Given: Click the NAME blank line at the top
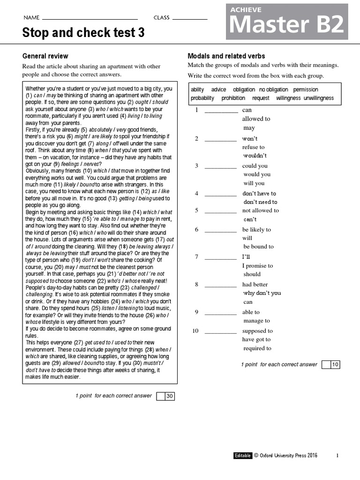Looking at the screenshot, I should (90, 19).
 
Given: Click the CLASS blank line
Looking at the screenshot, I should (190, 19).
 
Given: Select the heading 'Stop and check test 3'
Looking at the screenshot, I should (83, 33).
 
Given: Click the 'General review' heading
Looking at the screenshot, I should (45, 56).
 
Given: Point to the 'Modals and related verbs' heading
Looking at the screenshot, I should (226, 56).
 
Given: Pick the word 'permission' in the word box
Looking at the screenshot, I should (306, 90).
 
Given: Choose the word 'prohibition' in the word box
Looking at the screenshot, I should (233, 98).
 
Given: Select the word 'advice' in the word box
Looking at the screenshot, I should (218, 90).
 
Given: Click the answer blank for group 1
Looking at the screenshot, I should (221, 112).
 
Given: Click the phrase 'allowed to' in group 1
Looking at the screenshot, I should (256, 119).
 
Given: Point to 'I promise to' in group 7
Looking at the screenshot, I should (257, 266).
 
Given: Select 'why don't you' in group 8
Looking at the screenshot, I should (262, 293).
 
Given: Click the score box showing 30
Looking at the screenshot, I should (170, 397).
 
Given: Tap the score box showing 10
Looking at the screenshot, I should (335, 365).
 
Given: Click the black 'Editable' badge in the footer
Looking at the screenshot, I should (243, 455).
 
